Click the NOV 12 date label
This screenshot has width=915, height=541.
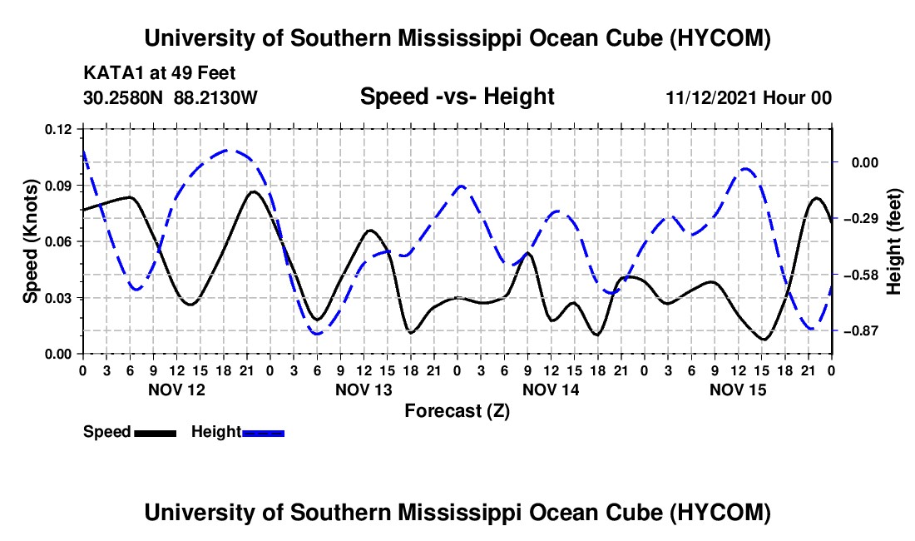(177, 390)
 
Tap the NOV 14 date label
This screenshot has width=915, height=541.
(551, 390)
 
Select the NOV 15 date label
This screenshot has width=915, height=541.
(738, 390)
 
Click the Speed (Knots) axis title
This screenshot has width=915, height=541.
(31, 241)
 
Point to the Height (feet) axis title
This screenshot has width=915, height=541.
(893, 241)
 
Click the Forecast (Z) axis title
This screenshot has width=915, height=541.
(457, 411)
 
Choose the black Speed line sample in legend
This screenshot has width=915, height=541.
(156, 433)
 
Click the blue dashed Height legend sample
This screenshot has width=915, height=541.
(263, 433)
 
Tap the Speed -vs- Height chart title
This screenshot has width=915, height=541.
(457, 97)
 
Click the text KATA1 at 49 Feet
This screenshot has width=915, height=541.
(160, 73)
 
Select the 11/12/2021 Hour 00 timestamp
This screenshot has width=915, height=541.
(749, 97)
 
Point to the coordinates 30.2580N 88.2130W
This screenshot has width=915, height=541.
(171, 97)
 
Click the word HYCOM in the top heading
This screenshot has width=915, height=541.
(720, 38)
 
